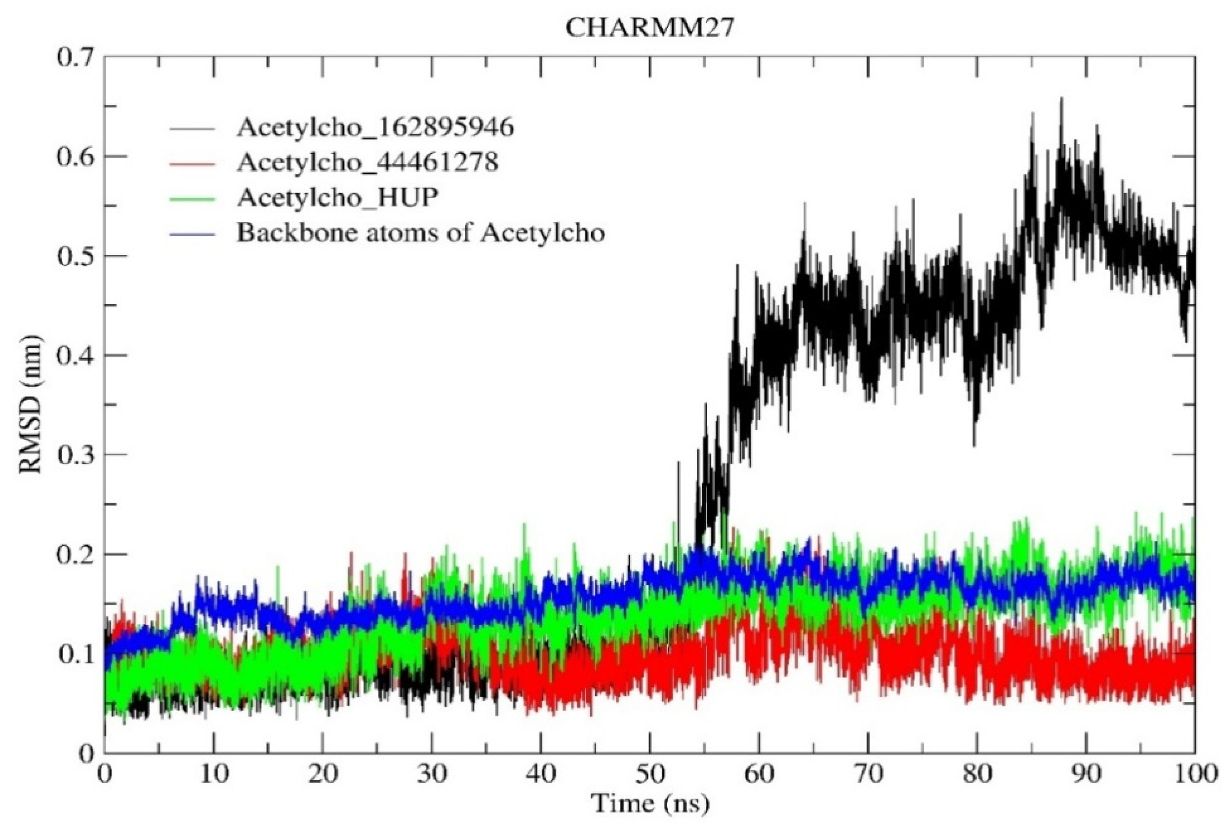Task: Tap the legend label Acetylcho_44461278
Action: pyautogui.click(x=368, y=162)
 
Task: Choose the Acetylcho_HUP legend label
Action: pyautogui.click(x=337, y=197)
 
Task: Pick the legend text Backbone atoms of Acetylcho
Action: pyautogui.click(x=420, y=233)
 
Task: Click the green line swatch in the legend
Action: pyautogui.click(x=193, y=199)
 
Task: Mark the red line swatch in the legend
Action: pyautogui.click(x=193, y=164)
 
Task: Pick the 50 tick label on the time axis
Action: pyautogui.click(x=650, y=775)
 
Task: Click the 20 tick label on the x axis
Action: pyautogui.click(x=323, y=775)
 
